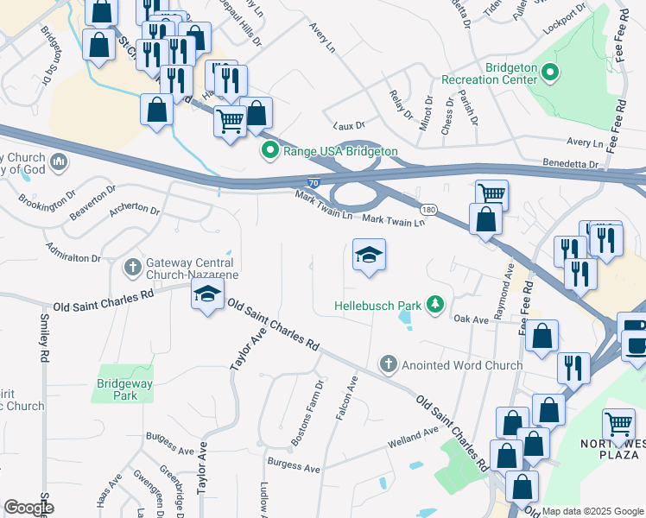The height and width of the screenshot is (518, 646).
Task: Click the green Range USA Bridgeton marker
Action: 269,151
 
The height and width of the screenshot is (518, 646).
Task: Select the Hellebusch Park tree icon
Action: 437,305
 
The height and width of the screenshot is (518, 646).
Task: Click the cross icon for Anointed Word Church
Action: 389,364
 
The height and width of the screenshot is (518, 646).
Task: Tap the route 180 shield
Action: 428,210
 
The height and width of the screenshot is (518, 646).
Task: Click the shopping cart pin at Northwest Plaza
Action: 618,424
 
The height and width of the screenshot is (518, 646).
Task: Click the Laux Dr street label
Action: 345,124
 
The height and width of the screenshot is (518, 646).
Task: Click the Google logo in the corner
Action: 28,508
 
